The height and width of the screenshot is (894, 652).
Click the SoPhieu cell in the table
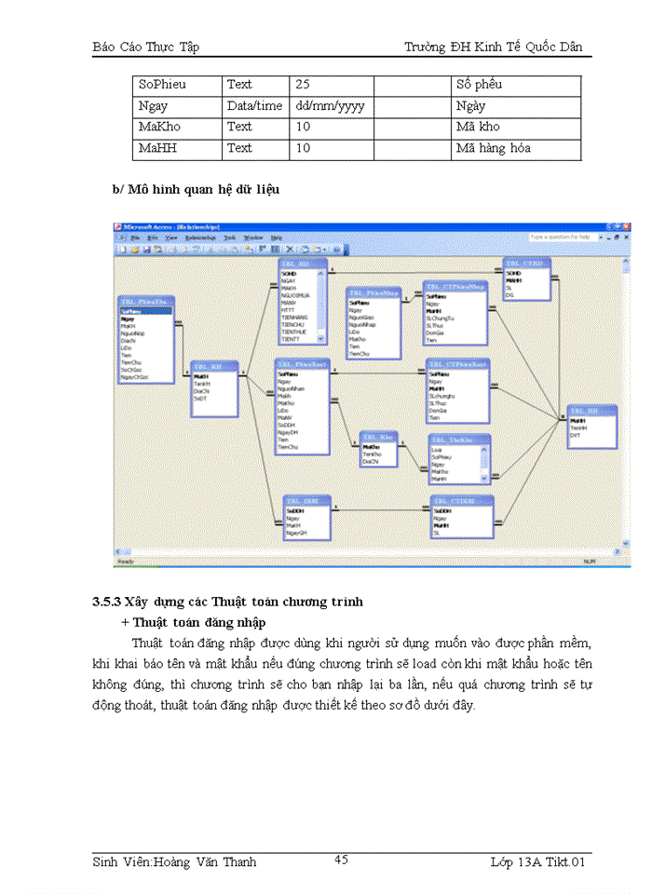click(162, 85)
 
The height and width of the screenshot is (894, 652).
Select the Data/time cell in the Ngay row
click(254, 106)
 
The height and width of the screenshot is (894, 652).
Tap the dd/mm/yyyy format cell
click(330, 106)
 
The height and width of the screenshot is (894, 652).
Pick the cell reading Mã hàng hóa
click(494, 148)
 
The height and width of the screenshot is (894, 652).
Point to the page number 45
click(341, 860)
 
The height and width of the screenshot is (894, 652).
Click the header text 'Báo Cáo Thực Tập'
click(146, 47)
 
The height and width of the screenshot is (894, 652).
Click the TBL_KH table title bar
click(212, 366)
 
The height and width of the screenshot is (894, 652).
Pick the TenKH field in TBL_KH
click(201, 383)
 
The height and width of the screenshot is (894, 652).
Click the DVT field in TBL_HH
click(576, 435)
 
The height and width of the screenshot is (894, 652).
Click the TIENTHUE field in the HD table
click(295, 332)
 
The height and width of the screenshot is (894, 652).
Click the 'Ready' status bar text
click(125, 562)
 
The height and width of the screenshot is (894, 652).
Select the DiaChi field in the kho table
click(371, 461)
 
